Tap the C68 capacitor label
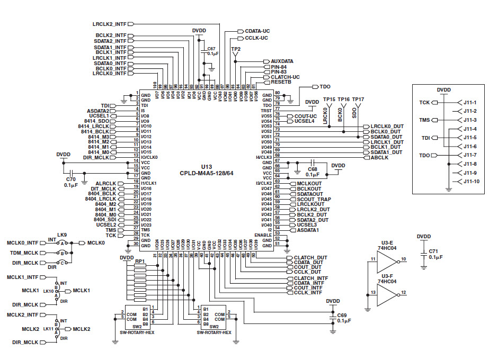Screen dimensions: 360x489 (312, 168)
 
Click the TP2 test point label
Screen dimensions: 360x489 (236, 49)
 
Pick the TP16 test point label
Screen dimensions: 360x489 (344, 99)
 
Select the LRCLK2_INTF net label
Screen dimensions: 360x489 (110, 24)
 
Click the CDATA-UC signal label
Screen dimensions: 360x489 (257, 31)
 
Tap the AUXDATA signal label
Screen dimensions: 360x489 (282, 61)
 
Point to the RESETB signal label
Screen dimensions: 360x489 (281, 82)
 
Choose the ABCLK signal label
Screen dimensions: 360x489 (379, 157)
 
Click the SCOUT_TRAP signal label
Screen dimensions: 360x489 (314, 199)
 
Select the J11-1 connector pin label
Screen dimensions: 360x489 (470, 103)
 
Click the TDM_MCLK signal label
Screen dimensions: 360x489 (24, 253)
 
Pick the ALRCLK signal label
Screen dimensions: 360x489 (105, 183)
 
